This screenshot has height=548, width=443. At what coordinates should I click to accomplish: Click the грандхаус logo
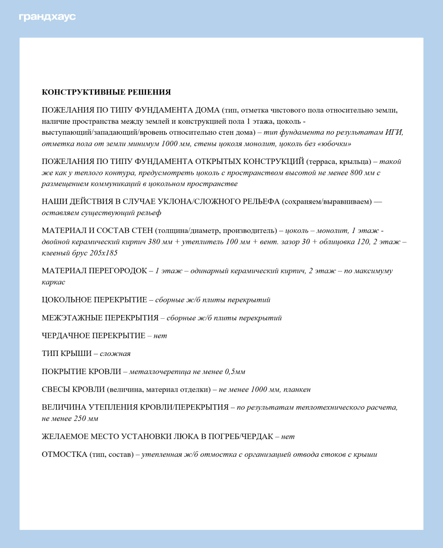coord(47,17)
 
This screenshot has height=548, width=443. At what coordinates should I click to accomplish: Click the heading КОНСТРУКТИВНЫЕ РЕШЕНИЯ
coord(106,92)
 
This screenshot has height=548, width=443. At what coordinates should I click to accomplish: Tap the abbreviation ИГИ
coord(394,133)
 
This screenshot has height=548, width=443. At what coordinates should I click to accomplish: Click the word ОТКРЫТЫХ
coord(218,162)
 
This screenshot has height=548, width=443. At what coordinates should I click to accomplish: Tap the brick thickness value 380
coord(154,242)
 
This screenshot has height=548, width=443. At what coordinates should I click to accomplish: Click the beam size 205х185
coord(103,253)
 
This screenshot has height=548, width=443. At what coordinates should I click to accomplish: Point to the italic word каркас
coord(53,282)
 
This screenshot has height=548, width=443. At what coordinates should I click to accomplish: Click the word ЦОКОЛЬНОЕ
coord(66,300)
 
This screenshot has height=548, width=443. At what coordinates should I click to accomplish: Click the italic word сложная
coord(115,354)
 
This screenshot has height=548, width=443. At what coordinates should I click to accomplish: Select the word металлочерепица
coord(160,372)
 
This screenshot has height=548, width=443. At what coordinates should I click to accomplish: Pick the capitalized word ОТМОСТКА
coord(64,455)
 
